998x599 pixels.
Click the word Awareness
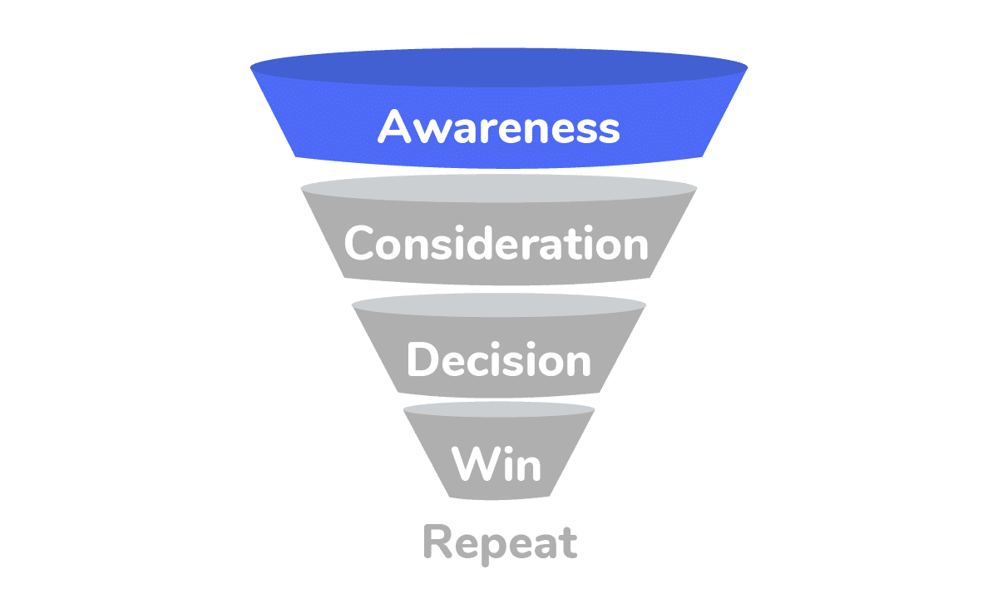click(499, 127)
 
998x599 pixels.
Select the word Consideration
click(497, 243)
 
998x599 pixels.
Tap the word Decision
click(498, 359)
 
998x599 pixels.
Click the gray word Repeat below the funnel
click(499, 542)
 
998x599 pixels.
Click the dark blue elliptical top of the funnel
click(499, 68)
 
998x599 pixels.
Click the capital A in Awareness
click(395, 127)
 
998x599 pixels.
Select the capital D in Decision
click(422, 359)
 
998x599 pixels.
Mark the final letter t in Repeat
click(568, 542)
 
